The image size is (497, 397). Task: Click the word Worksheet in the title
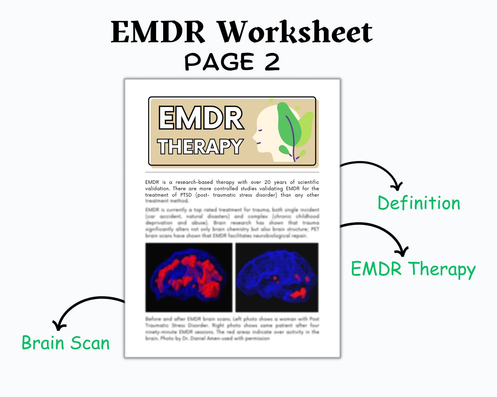(x=295, y=32)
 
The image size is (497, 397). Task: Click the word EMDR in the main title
(x=158, y=32)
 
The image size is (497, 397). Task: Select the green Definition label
(x=419, y=203)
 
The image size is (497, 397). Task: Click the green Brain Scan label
(x=66, y=343)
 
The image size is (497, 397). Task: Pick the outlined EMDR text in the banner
(x=201, y=118)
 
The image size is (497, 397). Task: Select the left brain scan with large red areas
(x=189, y=278)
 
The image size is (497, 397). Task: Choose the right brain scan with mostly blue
(x=277, y=278)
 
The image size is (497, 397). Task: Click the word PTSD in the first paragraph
(x=186, y=195)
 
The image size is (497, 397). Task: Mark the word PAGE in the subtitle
(x=219, y=62)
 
